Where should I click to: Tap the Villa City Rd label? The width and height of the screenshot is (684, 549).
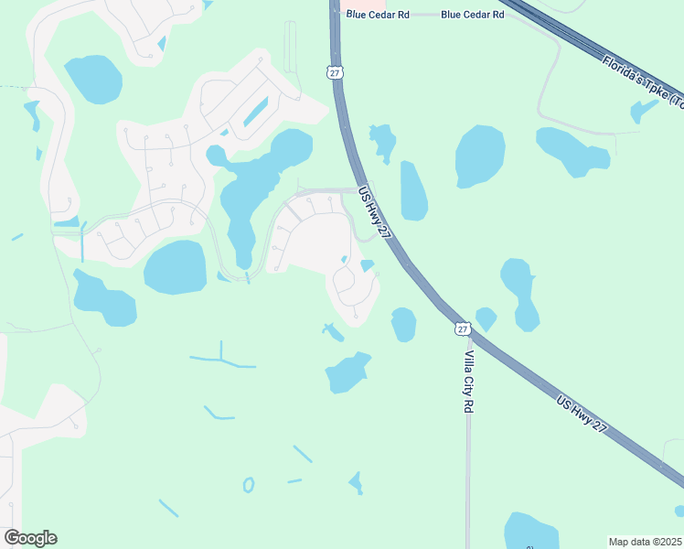click(x=468, y=381)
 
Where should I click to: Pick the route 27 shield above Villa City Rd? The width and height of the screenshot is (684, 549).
click(x=463, y=328)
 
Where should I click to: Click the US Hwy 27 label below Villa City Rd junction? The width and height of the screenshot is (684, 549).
click(x=582, y=413)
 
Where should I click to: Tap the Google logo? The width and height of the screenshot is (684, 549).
click(x=30, y=537)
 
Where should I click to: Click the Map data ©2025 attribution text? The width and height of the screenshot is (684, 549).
click(x=646, y=541)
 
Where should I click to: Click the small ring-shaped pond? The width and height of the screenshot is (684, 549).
click(x=249, y=485)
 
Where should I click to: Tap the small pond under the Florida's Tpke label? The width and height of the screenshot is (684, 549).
click(x=643, y=111)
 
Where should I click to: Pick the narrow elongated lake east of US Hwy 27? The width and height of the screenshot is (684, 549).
click(x=413, y=191)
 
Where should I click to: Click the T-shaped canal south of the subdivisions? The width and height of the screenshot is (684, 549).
click(x=221, y=359)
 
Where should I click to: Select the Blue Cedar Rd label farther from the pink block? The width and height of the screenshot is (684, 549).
click(x=472, y=15)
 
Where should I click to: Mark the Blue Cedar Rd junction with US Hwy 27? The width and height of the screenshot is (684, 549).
click(x=335, y=14)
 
